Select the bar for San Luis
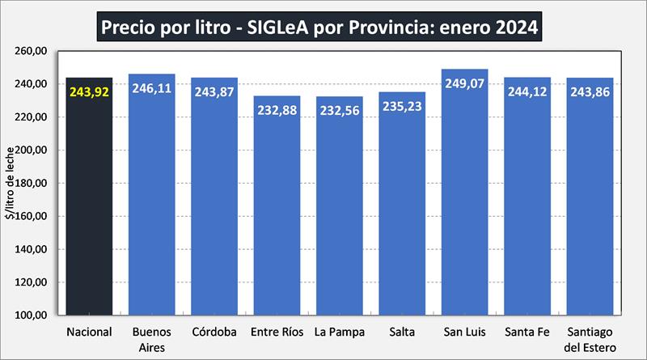coord(465,202)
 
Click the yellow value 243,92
coord(89,92)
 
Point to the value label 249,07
coord(465,83)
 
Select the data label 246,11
coord(151,88)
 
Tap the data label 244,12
coord(527,91)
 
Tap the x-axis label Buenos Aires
coord(151,339)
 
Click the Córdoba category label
coord(214,332)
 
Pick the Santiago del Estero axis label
coord(590,339)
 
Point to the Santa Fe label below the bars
coord(527,332)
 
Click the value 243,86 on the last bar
coord(590,92)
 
